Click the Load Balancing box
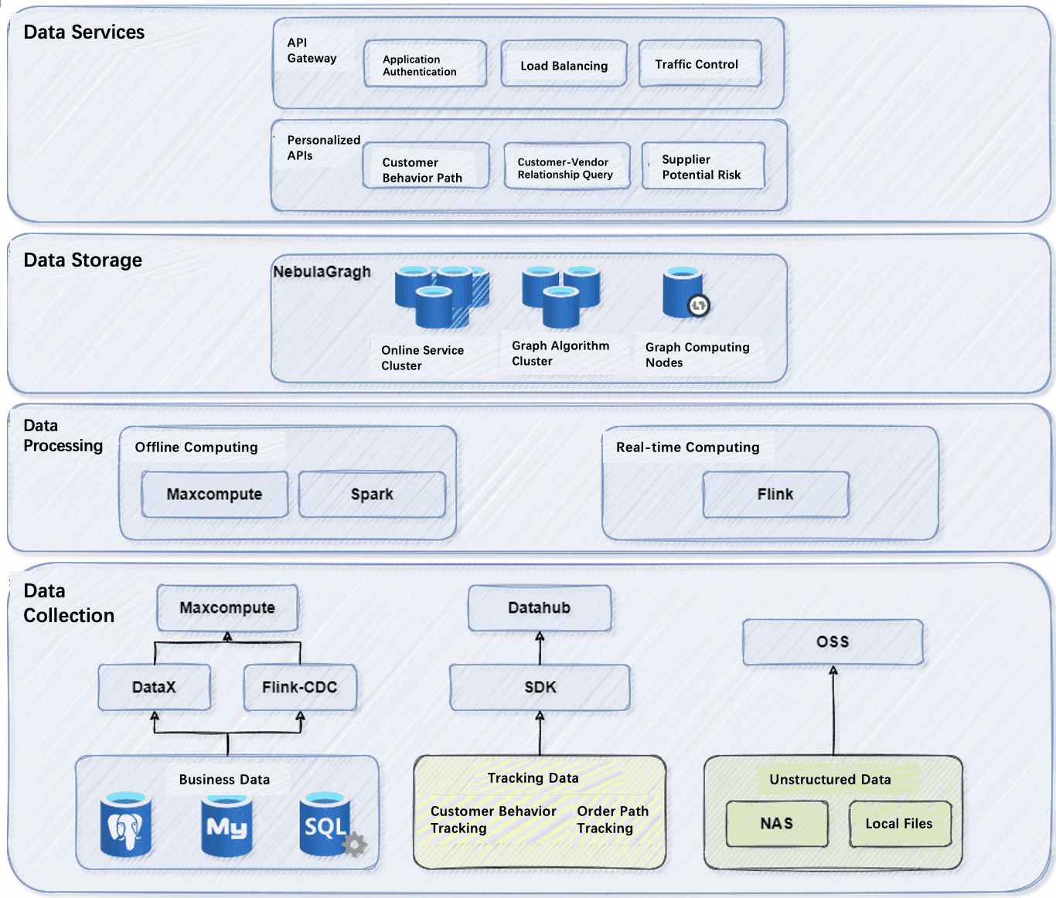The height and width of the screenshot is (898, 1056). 564,65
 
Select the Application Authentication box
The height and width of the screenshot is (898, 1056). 425,65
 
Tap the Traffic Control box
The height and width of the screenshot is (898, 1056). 700,64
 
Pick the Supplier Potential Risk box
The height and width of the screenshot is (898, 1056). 703,166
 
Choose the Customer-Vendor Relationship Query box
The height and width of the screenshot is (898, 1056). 566,167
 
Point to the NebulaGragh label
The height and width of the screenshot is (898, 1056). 322,272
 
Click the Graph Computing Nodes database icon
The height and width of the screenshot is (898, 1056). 683,292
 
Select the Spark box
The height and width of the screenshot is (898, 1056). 372,495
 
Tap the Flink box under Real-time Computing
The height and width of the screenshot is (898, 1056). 775,495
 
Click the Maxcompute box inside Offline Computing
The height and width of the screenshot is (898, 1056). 214,495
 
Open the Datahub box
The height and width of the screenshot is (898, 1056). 540,608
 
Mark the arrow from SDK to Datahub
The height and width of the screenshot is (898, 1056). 540,649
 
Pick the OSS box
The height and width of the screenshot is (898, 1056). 833,641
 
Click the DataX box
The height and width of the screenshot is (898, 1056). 155,687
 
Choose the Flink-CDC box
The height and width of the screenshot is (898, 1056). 300,687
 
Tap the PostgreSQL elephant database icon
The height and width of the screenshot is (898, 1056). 125,825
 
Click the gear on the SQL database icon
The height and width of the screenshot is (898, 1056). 355,844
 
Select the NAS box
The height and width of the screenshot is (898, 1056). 777,824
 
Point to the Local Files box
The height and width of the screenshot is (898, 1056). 899,824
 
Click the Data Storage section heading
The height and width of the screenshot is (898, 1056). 83,260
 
